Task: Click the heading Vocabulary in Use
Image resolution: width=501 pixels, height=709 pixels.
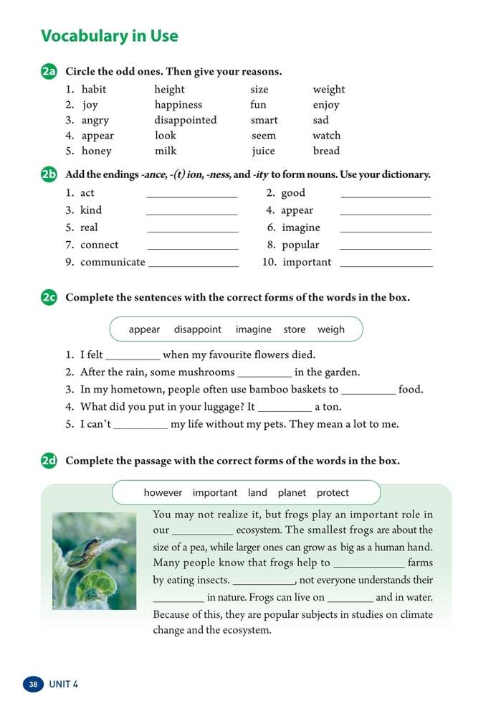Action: coord(110,37)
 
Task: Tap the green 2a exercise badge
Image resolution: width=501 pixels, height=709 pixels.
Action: coord(49,72)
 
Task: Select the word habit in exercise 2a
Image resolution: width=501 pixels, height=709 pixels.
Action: coord(94,90)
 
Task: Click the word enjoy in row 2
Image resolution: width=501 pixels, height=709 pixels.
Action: coord(326,105)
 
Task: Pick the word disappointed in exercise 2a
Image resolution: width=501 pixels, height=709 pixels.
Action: coord(185,120)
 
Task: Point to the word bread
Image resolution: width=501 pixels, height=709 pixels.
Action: coord(326,151)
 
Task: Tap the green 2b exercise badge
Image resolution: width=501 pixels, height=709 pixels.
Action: coord(49,175)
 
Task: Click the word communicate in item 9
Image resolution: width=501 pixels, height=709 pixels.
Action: coord(113,262)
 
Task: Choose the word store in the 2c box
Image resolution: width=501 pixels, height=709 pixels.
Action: coord(295,329)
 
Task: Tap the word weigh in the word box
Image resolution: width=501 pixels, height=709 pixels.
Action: coord(331,329)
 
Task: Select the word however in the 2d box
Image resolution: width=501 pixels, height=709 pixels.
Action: coord(162,493)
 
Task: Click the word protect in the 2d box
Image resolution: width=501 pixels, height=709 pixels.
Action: coord(333,493)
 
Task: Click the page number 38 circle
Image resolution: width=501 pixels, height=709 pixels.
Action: coord(34,684)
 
